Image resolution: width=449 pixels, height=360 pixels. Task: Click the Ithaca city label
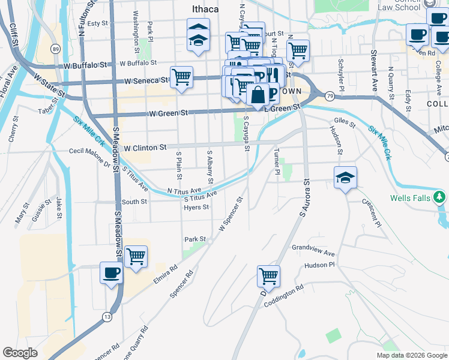(x=204, y=10)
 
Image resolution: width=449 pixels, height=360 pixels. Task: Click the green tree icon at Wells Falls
(x=440, y=197)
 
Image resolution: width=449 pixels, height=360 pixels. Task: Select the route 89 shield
(x=56, y=49)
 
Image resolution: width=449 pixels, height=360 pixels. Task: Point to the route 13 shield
(x=107, y=316)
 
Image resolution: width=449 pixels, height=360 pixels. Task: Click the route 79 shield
(x=330, y=96)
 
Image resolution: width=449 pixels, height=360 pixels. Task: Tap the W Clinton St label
(x=144, y=147)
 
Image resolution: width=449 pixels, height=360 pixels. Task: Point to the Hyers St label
(x=197, y=208)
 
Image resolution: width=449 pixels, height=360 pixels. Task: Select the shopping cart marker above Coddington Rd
(x=268, y=277)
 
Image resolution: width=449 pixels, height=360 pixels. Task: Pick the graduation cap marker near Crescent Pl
(x=345, y=178)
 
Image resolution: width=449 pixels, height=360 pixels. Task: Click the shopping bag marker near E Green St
(x=258, y=95)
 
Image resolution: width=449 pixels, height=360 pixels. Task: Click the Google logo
(x=20, y=353)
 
